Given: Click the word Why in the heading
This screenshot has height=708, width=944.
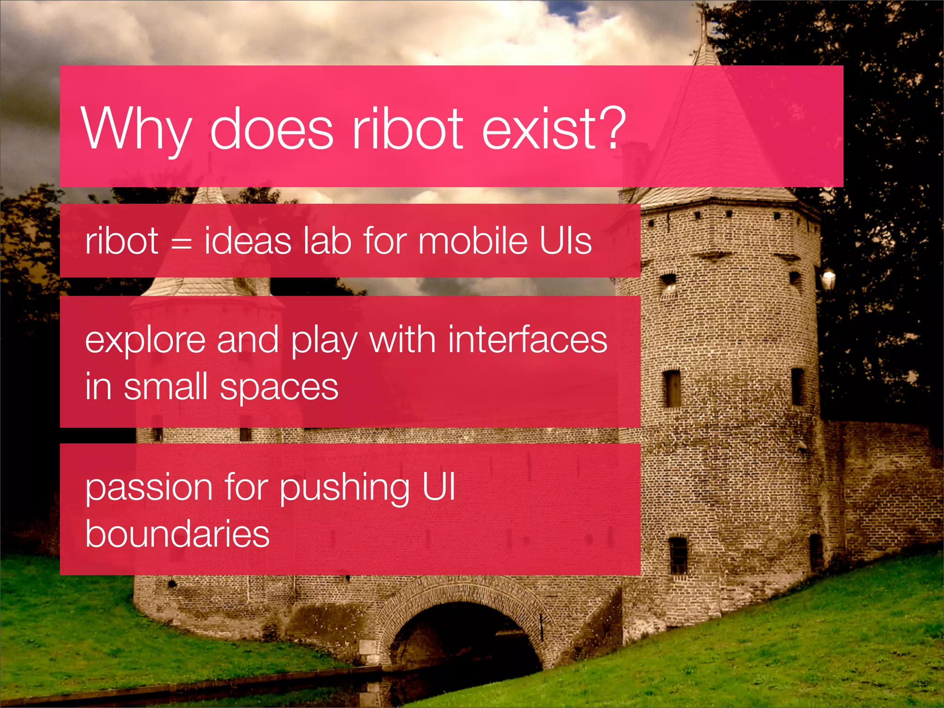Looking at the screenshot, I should [136, 129].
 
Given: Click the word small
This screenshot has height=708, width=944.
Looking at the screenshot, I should [165, 387].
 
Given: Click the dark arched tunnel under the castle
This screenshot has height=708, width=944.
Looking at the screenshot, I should [466, 641].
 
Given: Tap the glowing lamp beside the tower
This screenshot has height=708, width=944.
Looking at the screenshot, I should [828, 279].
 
